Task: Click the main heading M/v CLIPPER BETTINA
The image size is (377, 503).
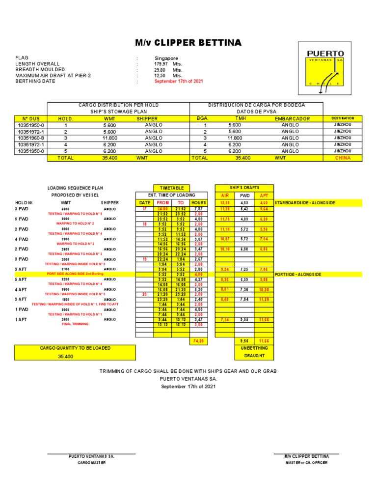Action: click(189, 43)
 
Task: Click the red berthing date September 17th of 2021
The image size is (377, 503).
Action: click(179, 82)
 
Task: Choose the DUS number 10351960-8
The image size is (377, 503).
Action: click(31, 138)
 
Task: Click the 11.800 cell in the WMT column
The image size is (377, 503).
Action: click(110, 138)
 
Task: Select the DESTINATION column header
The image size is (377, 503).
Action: click(342, 118)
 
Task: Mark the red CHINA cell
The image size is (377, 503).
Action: click(342, 158)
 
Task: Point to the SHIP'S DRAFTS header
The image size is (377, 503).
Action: click(244, 188)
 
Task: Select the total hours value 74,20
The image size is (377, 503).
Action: click(199, 340)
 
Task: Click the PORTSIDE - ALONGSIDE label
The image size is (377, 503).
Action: click(298, 274)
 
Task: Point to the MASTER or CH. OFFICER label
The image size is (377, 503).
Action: click(307, 463)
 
